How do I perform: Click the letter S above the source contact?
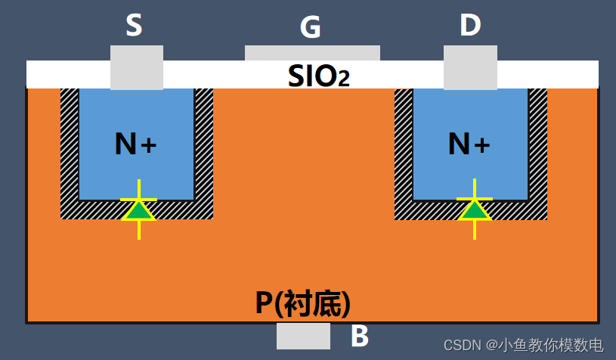click(134, 26)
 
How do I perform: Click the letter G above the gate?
click(310, 28)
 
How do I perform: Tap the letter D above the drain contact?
click(470, 26)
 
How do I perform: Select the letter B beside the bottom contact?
click(360, 337)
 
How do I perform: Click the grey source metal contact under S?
click(137, 67)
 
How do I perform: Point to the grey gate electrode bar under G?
click(312, 53)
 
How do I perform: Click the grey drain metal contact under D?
click(470, 67)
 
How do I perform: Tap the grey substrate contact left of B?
click(303, 336)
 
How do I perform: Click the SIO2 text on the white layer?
click(318, 76)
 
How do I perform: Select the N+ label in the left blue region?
click(135, 144)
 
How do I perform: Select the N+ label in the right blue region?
click(469, 144)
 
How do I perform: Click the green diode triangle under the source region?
click(139, 209)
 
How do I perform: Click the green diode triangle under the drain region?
click(475, 209)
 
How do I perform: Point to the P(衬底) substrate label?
click(302, 303)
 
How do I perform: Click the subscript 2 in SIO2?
click(344, 79)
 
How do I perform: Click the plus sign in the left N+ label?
click(149, 144)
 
